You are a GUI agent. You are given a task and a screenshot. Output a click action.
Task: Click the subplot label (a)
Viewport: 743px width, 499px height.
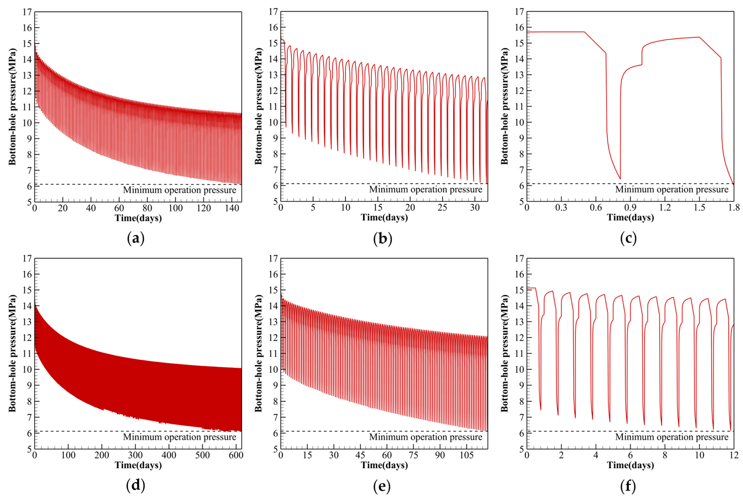136,238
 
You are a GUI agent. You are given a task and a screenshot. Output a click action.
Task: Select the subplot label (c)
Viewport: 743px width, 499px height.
628,238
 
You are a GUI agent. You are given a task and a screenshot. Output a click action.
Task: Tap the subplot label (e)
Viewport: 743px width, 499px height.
382,486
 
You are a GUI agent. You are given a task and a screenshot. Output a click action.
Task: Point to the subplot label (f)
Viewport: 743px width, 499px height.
628,486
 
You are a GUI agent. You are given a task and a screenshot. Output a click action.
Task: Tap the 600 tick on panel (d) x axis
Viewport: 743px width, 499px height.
236,455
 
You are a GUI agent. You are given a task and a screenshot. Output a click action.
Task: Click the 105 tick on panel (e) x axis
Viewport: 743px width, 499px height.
466,455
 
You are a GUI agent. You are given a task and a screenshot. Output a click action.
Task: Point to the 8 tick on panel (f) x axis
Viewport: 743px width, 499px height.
665,455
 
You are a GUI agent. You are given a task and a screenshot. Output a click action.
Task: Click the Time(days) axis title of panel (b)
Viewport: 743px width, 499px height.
384,217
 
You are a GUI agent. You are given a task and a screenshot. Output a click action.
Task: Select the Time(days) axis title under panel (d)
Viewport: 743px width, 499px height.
138,465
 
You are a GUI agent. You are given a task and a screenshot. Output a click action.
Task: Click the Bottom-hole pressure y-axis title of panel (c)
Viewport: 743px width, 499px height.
504,106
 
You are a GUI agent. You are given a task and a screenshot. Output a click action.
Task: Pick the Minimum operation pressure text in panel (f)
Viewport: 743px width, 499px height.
672,437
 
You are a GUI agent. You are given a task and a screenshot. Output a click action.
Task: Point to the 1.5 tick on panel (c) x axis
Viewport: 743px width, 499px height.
699,208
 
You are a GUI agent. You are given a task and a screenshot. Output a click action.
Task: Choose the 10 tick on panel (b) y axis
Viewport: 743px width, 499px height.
273,122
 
